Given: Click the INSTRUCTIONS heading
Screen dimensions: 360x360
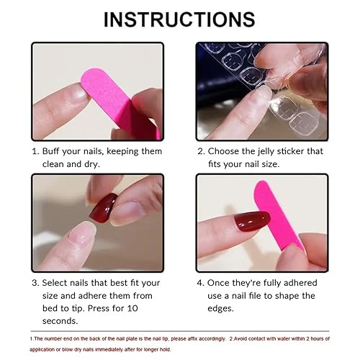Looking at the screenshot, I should point(179,19).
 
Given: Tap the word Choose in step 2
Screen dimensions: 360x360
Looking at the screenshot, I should point(226,151).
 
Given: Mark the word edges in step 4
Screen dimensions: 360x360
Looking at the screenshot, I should point(225,308).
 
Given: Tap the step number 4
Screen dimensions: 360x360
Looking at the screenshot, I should point(202,282).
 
